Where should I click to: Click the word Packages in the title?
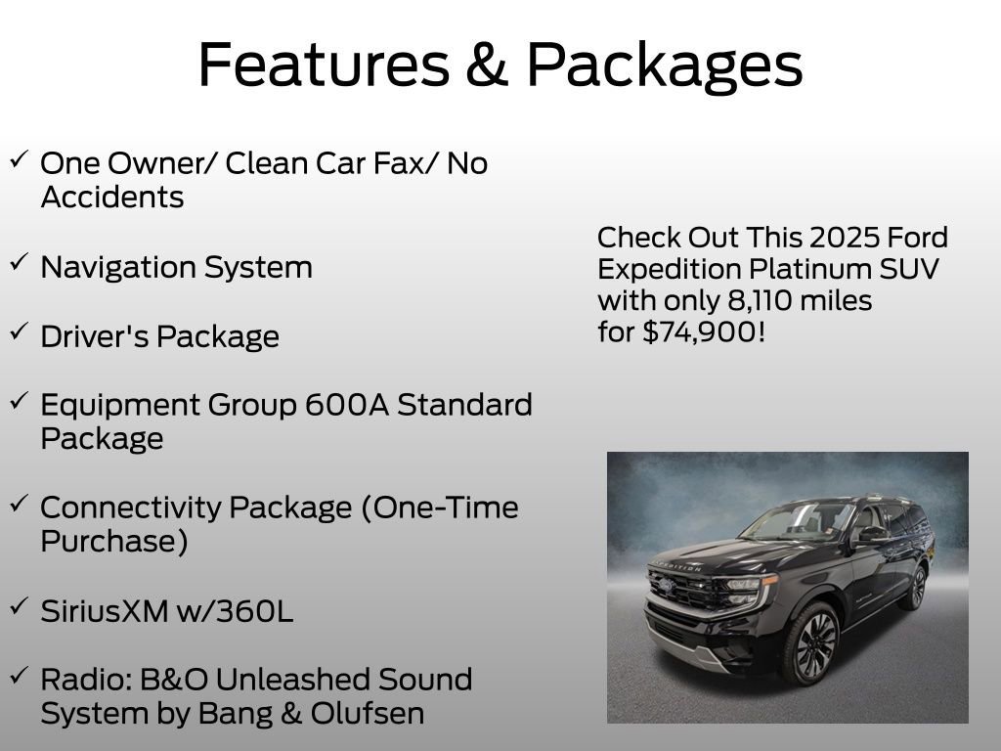pyautogui.click(x=665, y=65)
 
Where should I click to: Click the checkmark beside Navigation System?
pyautogui.click(x=20, y=263)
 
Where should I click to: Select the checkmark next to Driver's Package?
pyautogui.click(x=20, y=331)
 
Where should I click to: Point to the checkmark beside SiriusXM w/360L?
pyautogui.click(x=20, y=606)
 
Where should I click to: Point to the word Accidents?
pyautogui.click(x=111, y=198)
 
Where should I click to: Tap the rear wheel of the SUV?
pyautogui.click(x=916, y=589)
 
